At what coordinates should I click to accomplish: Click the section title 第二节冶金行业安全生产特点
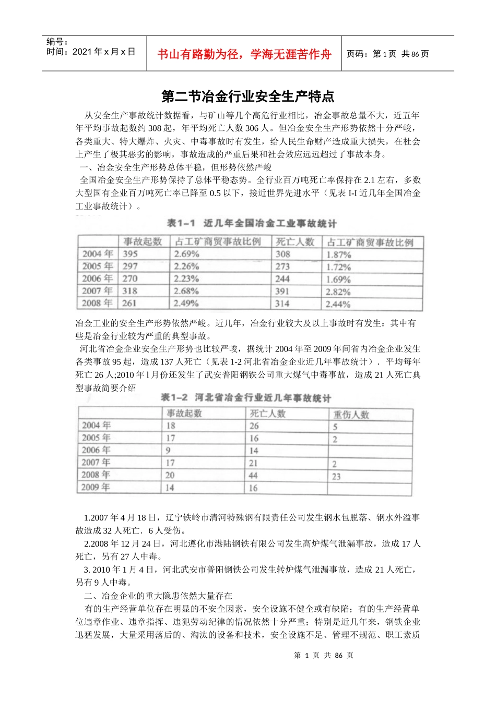(248, 96)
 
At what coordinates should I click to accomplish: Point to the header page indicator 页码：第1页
(371, 54)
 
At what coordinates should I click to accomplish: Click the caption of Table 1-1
(251, 223)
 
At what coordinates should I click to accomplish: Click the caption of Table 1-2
(245, 398)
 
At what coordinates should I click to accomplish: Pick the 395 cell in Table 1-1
(130, 254)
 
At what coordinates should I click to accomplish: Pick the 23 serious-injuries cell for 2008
(336, 476)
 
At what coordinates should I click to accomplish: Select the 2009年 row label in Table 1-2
(96, 488)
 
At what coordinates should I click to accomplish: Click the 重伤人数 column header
(351, 415)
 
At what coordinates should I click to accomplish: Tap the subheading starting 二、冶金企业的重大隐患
(158, 596)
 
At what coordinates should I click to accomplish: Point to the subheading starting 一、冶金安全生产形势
(175, 167)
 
